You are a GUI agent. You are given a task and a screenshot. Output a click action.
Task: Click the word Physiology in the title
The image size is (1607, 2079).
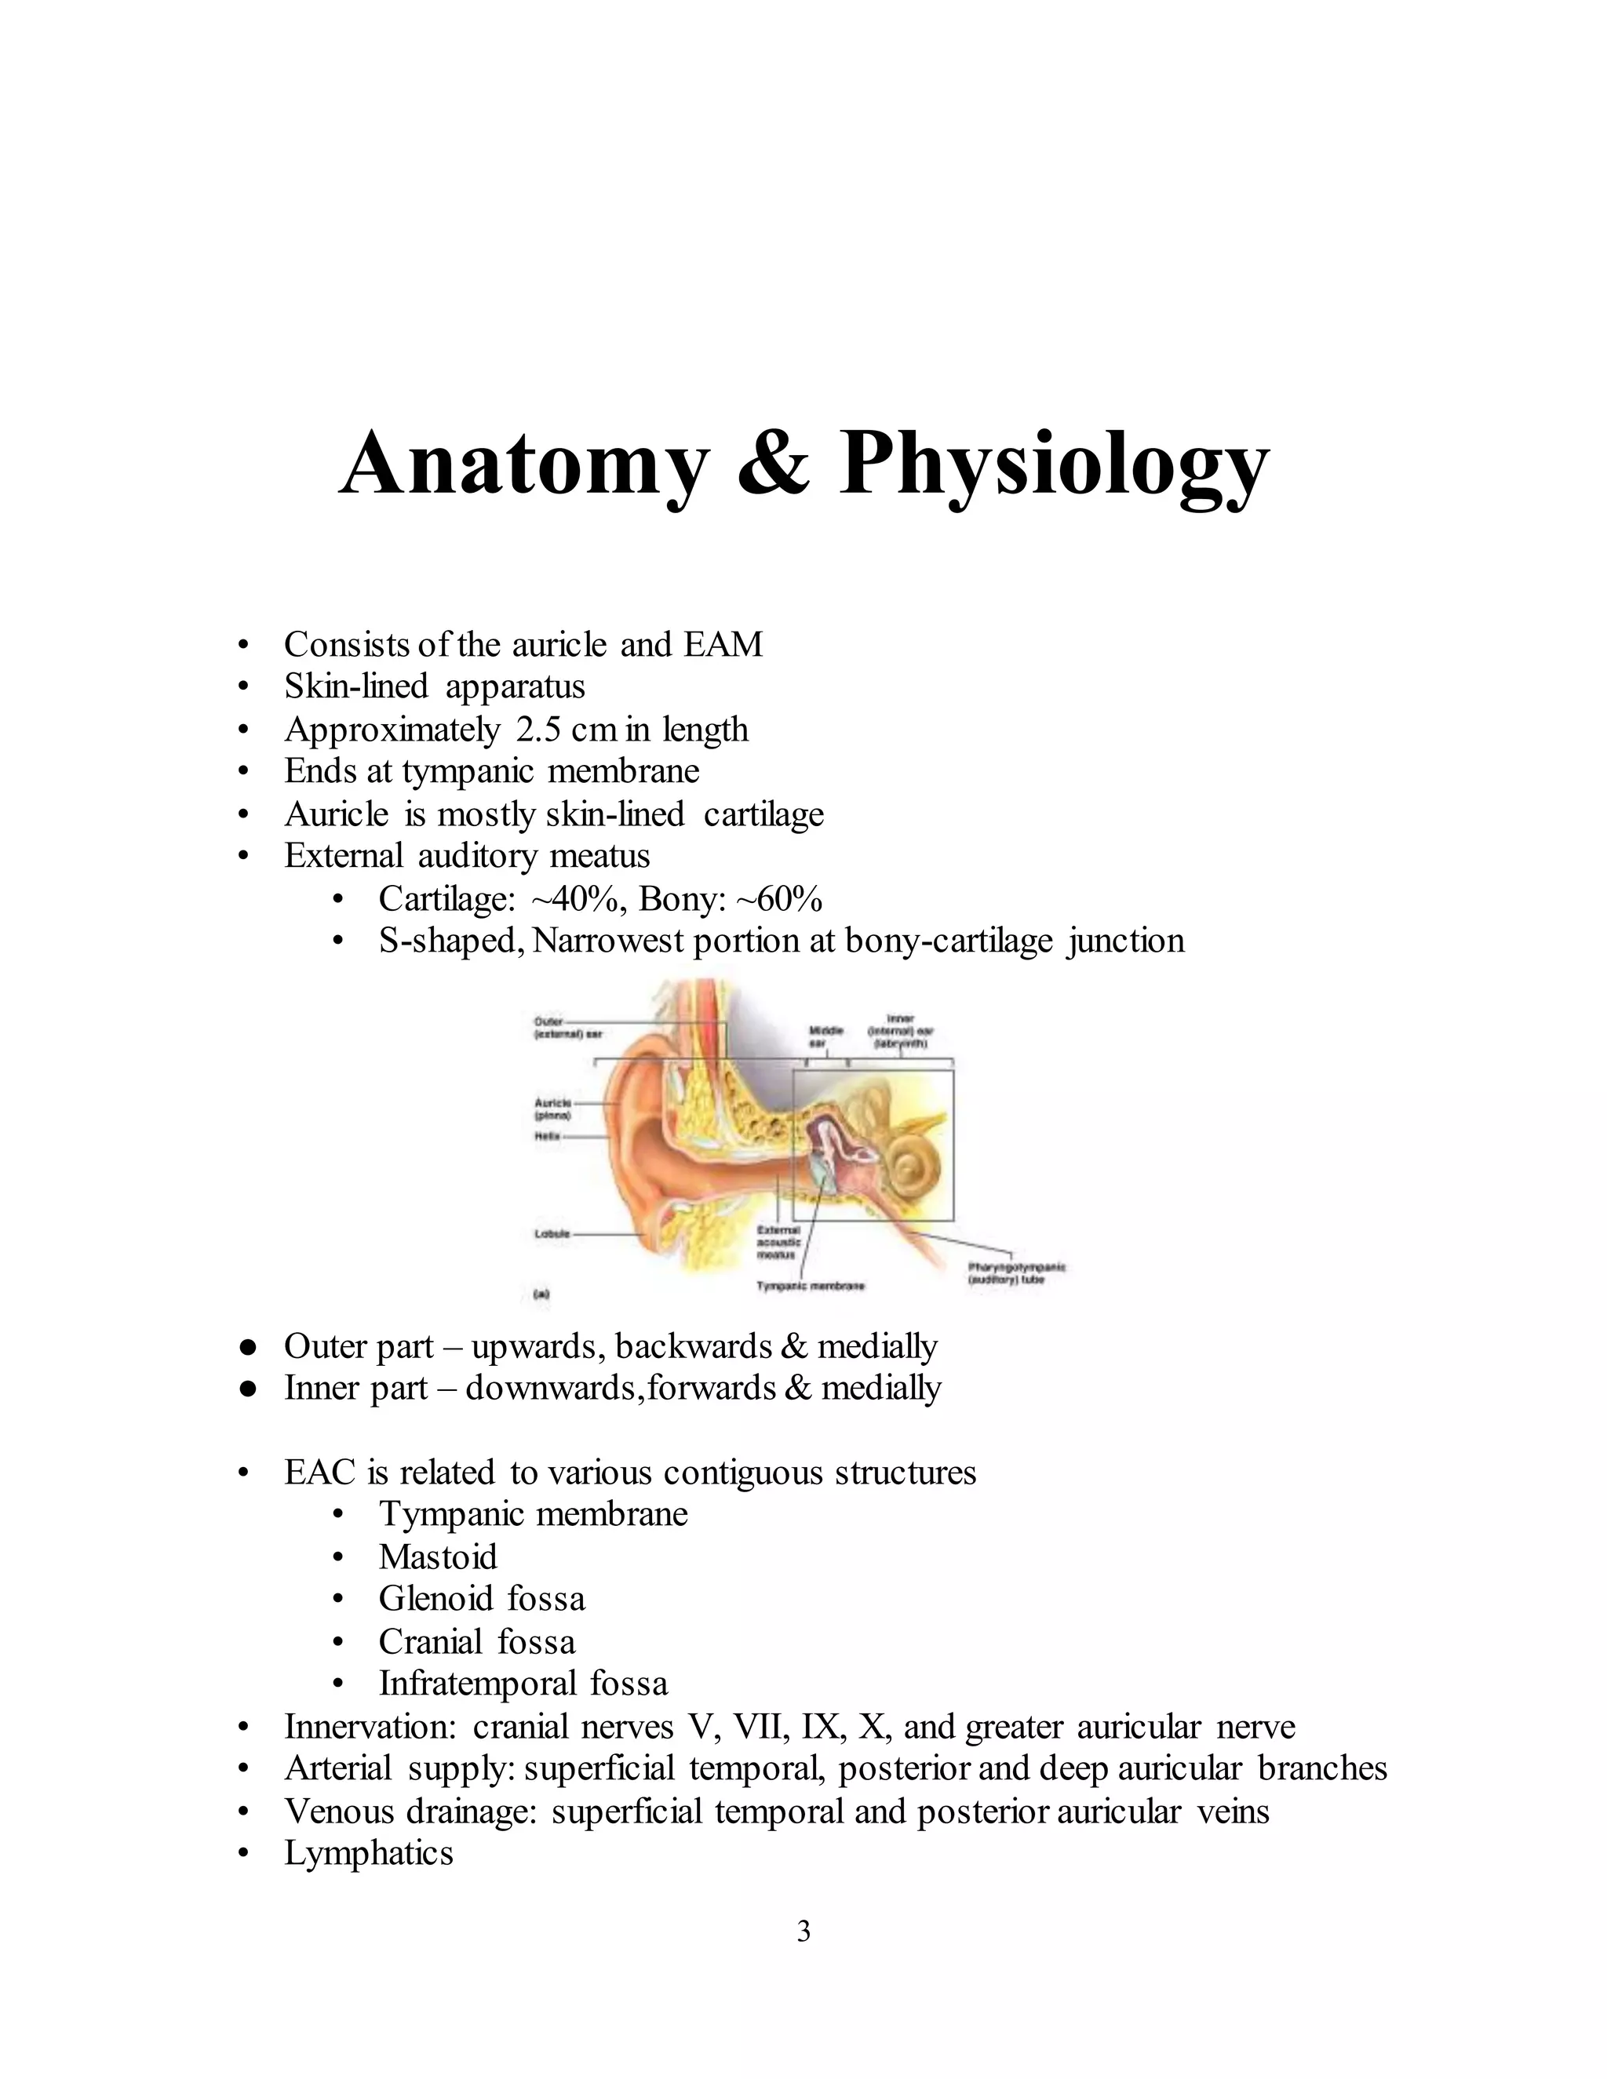1054,465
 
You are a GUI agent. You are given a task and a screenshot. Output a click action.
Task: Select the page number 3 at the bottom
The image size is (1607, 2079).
803,1932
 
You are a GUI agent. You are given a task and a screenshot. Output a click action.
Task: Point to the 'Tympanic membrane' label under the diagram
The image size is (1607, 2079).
810,1286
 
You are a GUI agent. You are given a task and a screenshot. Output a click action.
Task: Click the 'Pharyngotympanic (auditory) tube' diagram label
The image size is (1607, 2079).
1016,1273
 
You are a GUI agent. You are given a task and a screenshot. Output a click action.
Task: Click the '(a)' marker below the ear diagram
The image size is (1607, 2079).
541,1294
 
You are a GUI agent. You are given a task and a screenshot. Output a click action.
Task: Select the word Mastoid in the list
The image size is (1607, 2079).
438,1557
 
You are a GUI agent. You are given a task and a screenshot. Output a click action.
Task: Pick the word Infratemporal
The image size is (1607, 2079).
477,1683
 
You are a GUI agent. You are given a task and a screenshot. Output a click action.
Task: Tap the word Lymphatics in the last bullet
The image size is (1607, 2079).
369,1852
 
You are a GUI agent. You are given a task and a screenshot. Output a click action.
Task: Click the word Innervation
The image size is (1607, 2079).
372,1726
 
